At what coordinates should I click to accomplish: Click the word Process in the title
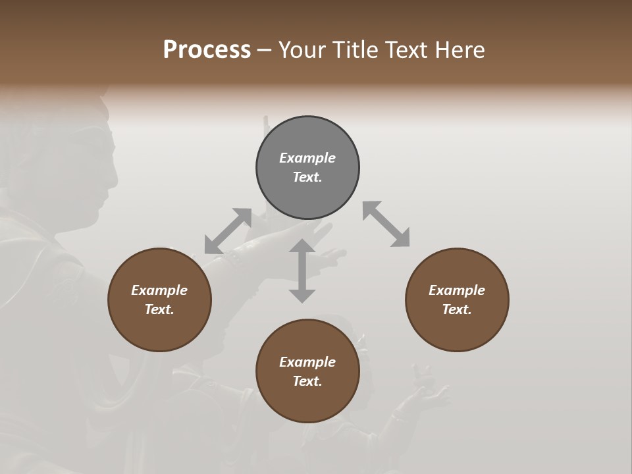tap(207, 50)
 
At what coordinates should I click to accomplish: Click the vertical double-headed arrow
tap(302, 271)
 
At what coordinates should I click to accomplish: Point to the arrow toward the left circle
tap(228, 231)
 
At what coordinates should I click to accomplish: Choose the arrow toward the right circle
tap(386, 224)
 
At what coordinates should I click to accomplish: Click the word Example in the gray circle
tap(307, 158)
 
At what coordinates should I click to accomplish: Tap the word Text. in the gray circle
tap(307, 177)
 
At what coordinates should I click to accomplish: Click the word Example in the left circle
tap(159, 290)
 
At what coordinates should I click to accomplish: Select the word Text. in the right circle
tap(457, 309)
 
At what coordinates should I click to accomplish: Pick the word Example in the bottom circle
tap(307, 362)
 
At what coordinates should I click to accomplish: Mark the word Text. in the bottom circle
tap(307, 381)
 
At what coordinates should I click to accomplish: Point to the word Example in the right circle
tap(457, 290)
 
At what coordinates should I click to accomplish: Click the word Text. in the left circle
tap(159, 309)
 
